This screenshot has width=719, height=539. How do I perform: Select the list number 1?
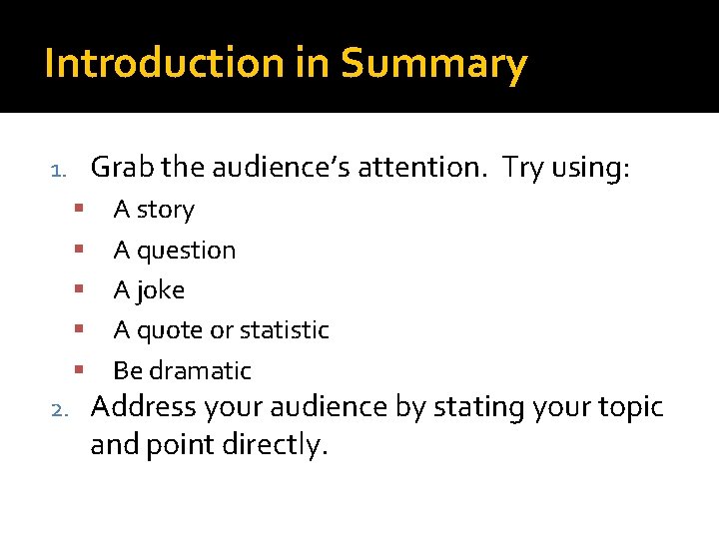pos(59,170)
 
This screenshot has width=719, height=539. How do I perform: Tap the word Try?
pos(523,168)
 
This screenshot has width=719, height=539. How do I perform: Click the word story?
pos(166,211)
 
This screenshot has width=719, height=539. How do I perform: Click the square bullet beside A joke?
pos(77,289)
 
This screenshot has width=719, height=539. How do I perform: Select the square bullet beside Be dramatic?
pos(77,369)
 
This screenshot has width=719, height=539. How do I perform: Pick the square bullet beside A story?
pos(77,209)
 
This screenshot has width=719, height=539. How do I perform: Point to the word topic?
pos(626,408)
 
